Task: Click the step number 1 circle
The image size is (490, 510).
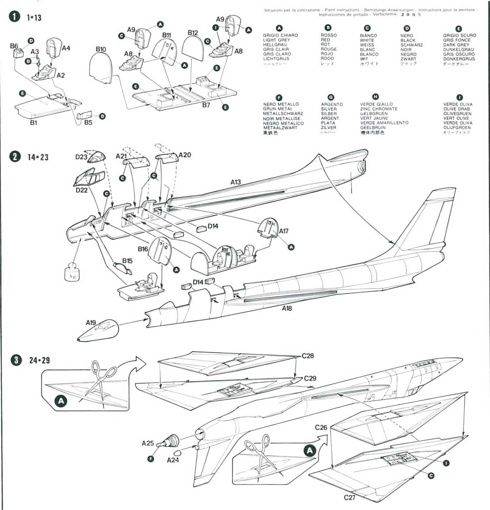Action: (x=15, y=17)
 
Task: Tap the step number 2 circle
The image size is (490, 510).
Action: (x=15, y=156)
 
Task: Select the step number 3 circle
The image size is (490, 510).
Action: (x=16, y=360)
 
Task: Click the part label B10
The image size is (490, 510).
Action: (x=101, y=49)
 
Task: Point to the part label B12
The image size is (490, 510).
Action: (x=193, y=33)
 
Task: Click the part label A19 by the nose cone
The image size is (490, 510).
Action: (x=91, y=323)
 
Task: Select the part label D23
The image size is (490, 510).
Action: (x=81, y=157)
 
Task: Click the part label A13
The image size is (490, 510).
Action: (x=235, y=182)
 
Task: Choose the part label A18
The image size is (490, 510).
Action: (x=287, y=308)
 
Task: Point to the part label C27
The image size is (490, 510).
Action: (x=349, y=497)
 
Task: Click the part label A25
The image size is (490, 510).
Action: (x=147, y=444)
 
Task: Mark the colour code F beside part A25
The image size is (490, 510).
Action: (x=150, y=459)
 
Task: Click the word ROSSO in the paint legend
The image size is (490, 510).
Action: (x=329, y=35)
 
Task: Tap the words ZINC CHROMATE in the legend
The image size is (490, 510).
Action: (x=379, y=109)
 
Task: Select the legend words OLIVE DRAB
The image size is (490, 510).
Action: (x=456, y=109)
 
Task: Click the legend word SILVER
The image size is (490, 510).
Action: (x=329, y=109)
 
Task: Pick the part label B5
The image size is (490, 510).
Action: (x=88, y=122)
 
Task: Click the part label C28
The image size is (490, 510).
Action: (x=308, y=356)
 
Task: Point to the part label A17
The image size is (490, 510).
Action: (x=283, y=231)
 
